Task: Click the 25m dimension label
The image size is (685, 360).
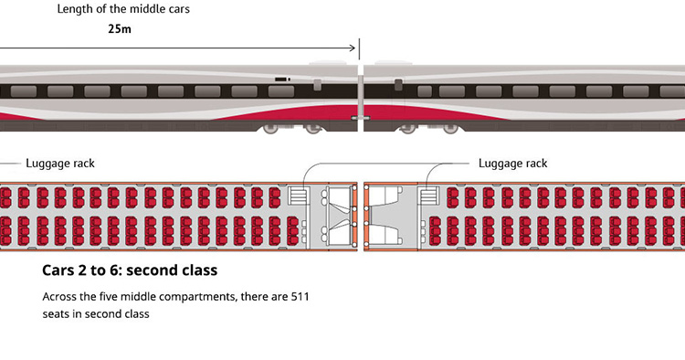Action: click(x=119, y=28)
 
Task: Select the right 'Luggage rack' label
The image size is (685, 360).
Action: click(x=513, y=164)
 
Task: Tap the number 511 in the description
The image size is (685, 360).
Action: click(x=301, y=297)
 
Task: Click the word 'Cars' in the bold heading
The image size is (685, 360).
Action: click(x=59, y=271)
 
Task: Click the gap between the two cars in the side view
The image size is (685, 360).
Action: click(x=360, y=96)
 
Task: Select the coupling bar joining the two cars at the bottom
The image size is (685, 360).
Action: click(x=360, y=120)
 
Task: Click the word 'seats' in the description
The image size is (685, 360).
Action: click(x=58, y=313)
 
